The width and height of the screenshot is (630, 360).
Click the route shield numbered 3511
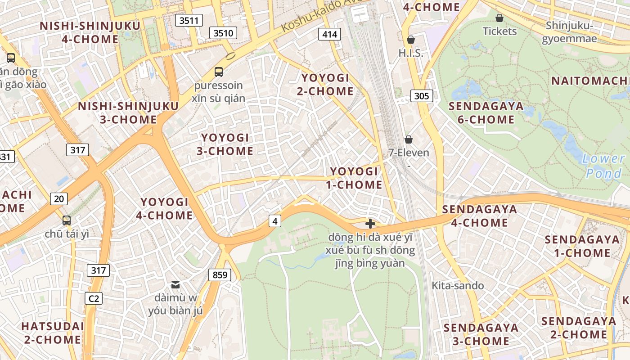tap(189, 20)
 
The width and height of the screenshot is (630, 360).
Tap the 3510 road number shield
tap(223, 32)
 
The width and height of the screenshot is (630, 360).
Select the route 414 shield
tap(329, 34)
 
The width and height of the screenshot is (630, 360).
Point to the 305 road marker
tap(422, 95)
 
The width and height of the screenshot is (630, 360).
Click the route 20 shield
tap(59, 198)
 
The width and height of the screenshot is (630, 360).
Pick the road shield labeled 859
tap(220, 274)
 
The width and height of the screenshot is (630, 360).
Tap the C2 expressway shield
tap(94, 298)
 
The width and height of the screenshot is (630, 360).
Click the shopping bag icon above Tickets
tap(499, 18)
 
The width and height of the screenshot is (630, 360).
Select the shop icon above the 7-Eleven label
tap(409, 139)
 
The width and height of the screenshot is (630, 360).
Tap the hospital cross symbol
tap(370, 224)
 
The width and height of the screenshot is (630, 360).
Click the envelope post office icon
tap(175, 284)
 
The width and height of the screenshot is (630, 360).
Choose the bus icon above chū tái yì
tap(67, 220)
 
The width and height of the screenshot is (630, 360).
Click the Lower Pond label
tap(604, 166)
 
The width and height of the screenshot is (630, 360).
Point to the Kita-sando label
tap(458, 285)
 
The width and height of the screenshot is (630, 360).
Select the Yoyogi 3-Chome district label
tap(225, 144)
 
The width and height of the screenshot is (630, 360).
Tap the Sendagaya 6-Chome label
tap(486, 112)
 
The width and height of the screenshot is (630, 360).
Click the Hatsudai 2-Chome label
tap(53, 333)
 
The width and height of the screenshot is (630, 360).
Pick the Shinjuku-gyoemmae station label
tap(569, 32)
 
